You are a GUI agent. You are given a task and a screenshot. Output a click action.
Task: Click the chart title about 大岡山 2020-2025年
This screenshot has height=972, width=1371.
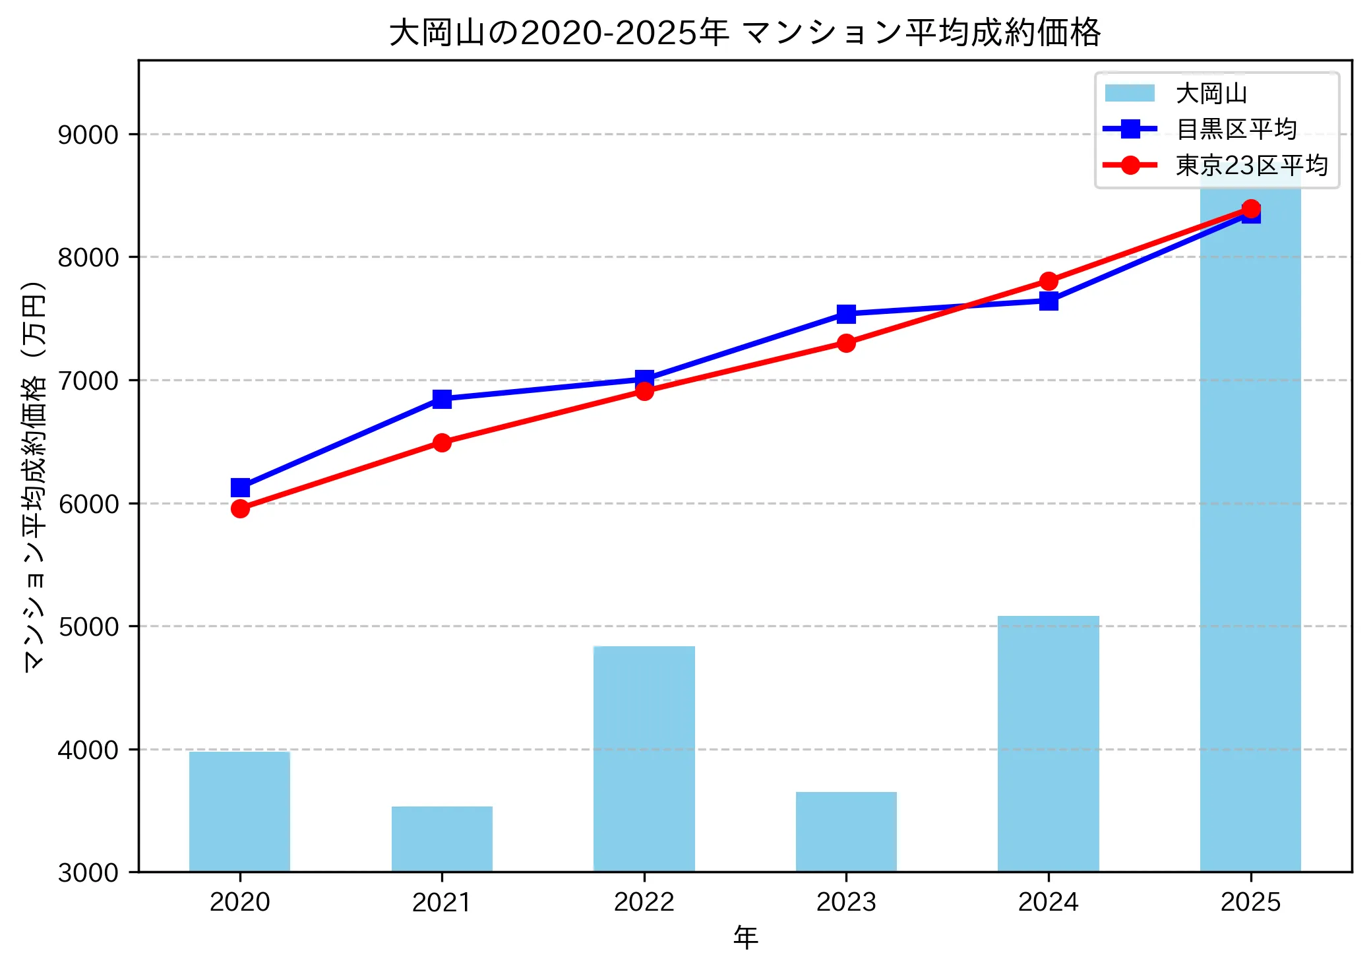coord(745,32)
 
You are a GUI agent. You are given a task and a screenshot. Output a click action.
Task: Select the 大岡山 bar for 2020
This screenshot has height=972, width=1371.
coord(239,812)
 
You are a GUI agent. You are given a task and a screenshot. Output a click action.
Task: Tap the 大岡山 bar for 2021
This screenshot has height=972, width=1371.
coord(442,839)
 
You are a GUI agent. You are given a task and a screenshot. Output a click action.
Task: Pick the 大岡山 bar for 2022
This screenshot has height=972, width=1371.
coord(644,758)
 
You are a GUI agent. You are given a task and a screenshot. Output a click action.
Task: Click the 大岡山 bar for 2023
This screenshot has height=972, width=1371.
coord(846,832)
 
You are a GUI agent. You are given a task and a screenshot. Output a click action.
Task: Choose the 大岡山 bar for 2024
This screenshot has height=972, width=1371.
coord(1049,743)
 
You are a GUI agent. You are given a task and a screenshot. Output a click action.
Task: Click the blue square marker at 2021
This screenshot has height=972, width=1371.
coord(442,399)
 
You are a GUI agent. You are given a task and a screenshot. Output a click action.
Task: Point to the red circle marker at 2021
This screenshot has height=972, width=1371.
coord(442,442)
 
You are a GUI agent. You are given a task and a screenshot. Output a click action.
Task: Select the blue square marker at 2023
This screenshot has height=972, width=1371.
coord(846,314)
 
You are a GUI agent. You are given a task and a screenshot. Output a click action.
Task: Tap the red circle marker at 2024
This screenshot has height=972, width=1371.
coord(1049,282)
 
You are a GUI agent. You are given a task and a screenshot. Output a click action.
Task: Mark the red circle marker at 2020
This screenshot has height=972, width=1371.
coord(240,508)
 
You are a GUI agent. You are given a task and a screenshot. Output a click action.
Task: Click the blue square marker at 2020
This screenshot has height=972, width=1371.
coord(240,488)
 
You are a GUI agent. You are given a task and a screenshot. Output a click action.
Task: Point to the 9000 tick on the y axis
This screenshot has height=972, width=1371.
coord(88,135)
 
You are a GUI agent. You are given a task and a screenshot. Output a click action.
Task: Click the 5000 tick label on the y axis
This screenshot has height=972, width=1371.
coord(88,626)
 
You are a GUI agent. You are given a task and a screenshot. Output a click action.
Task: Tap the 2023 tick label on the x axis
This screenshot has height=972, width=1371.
coord(846,902)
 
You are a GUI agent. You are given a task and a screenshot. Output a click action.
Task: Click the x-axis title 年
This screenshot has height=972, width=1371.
coord(745,937)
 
